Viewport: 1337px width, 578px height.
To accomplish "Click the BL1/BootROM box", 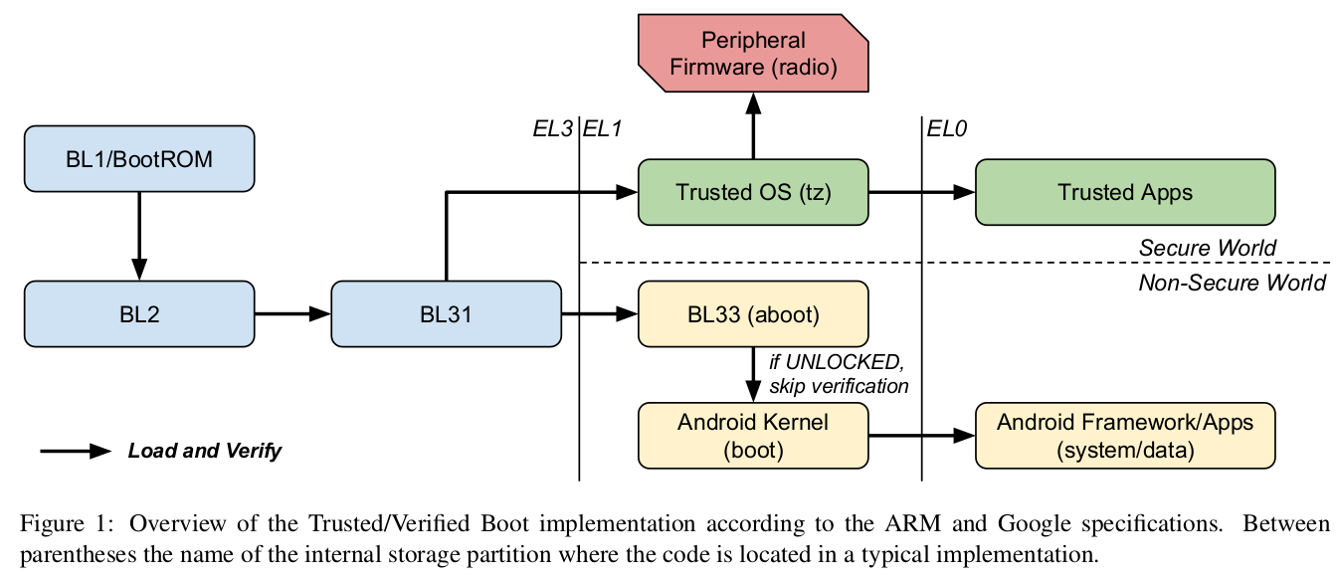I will coord(139,159).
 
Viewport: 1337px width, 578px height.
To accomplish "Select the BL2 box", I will coord(139,314).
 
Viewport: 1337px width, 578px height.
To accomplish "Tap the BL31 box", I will coord(446,314).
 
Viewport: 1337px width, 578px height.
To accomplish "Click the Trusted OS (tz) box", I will coord(753,192).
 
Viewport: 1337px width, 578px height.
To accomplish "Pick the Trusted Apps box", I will coord(1124,192).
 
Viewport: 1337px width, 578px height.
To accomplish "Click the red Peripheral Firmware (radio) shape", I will coord(754,55).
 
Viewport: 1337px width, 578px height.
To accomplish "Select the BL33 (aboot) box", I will coord(753,314).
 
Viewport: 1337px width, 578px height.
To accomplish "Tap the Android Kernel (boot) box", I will coord(753,436).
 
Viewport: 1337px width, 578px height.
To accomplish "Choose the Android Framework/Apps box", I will coord(1124,436).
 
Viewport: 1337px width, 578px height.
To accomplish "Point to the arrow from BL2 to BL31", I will coord(292,314).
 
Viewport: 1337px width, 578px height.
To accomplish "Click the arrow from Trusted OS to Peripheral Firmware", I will coord(754,124).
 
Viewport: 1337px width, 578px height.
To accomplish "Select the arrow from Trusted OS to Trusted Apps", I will coord(921,192).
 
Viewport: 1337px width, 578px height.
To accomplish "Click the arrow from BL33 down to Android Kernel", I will coord(753,374).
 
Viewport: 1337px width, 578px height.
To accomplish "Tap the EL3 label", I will coord(552,128).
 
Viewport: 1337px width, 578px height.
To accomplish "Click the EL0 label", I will coord(947,128).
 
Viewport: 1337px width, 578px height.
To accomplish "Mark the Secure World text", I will coord(1207,248).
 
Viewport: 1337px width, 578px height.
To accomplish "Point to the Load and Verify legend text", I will coord(205,451).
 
